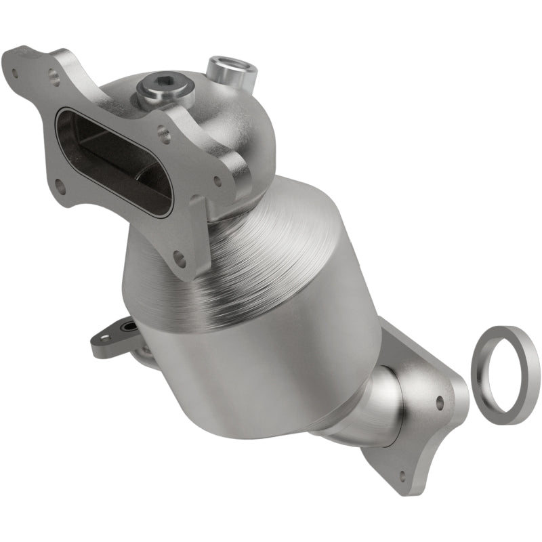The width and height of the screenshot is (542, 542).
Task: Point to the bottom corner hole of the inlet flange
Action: point(179,257)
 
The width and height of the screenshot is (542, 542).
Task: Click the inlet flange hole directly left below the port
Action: point(62,183)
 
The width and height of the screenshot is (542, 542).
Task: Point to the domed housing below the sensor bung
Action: point(244,129)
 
